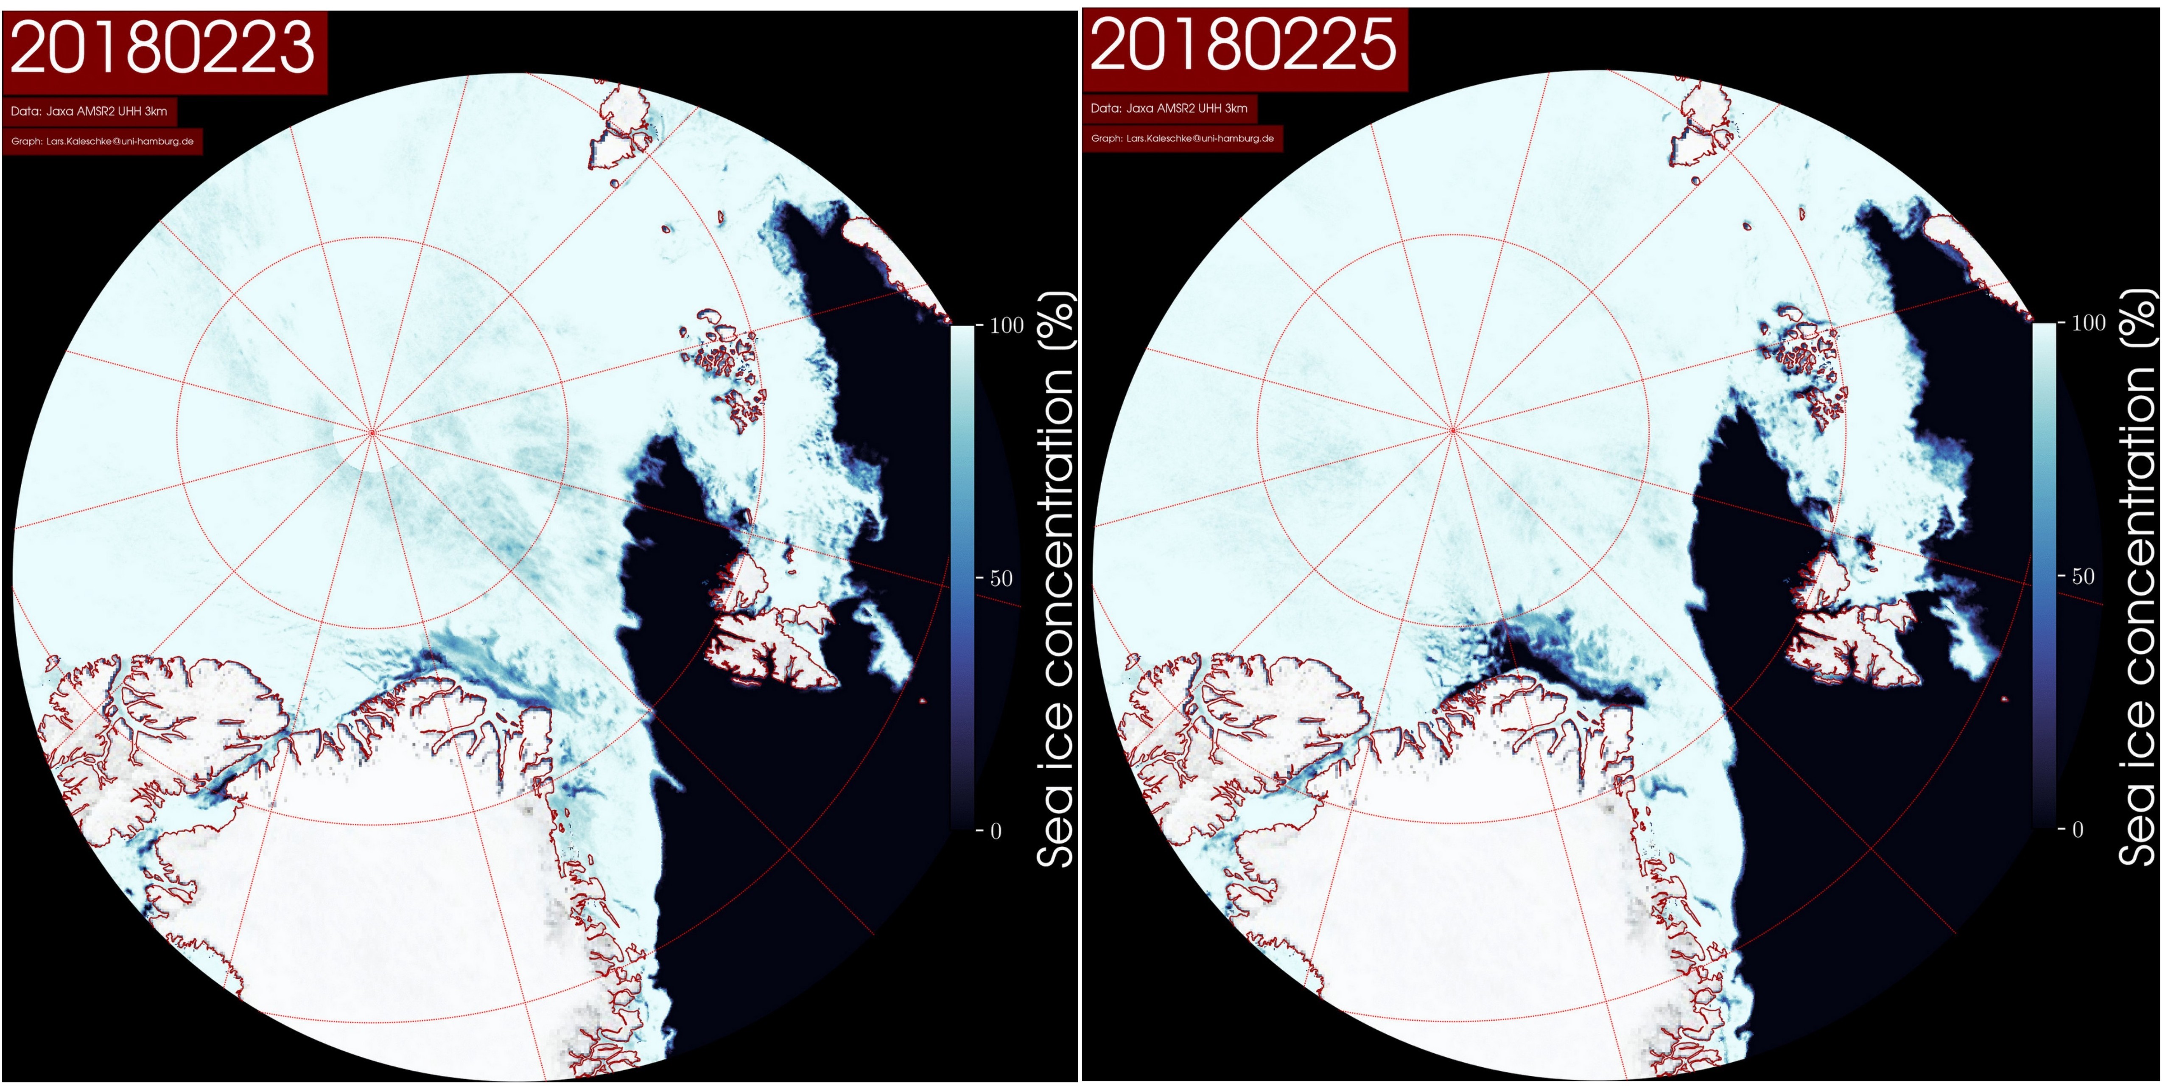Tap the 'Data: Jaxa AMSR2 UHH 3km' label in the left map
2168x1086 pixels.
[x=89, y=111]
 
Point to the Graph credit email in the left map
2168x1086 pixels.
[x=103, y=141]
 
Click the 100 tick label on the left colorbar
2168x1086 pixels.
[x=1006, y=326]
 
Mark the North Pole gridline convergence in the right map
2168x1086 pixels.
[x=1453, y=430]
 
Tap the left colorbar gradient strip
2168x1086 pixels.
[x=962, y=578]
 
